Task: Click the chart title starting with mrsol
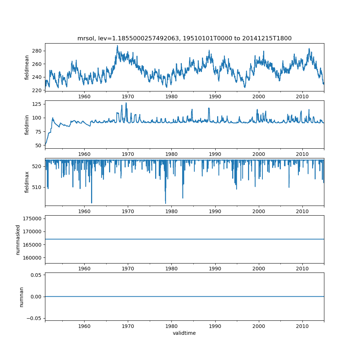184,38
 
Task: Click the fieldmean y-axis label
27,67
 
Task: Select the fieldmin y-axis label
27,125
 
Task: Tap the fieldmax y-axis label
27,182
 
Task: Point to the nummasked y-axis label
18,239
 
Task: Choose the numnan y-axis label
21,297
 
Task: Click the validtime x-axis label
184,333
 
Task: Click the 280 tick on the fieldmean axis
38,51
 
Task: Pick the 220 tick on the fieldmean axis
38,90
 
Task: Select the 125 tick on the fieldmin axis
38,104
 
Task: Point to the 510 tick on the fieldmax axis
38,187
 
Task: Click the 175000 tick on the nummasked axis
32,219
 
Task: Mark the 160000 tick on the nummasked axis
32,258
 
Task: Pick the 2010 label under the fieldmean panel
302,96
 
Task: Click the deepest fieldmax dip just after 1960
91,203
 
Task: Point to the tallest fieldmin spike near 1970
126,103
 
